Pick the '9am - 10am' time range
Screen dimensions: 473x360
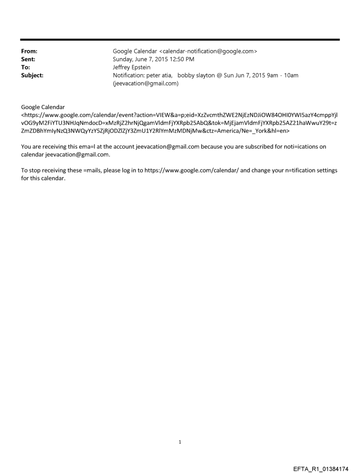point(282,75)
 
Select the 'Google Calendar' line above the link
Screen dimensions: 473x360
point(43,107)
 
